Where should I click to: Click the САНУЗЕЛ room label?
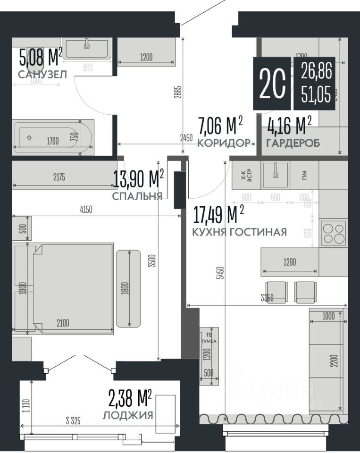42,74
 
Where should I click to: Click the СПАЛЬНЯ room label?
137,196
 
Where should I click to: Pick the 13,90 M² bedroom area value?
138,179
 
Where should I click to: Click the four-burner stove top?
334,233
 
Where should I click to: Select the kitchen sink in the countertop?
275,175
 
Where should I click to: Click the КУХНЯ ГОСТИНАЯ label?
239,232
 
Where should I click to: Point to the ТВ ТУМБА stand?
208,355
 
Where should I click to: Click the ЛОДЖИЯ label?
127,415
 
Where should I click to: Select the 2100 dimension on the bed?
63,323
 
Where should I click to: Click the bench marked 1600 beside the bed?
128,288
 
